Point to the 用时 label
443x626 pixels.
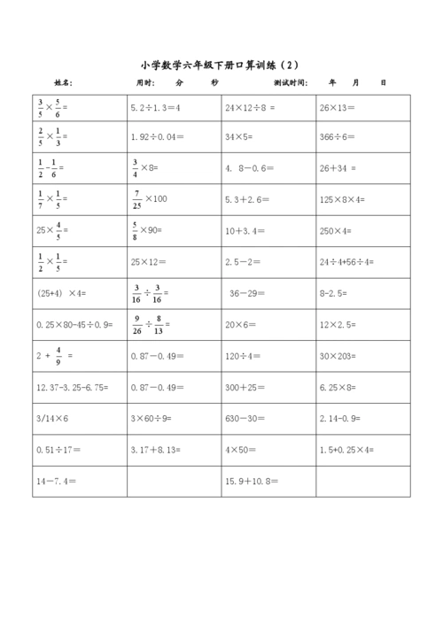click(x=144, y=82)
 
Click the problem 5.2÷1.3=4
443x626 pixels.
click(x=155, y=107)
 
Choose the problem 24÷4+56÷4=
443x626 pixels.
click(x=347, y=262)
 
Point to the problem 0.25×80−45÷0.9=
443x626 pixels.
click(x=74, y=324)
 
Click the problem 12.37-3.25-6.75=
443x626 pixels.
click(x=72, y=386)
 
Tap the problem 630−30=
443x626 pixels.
click(x=244, y=417)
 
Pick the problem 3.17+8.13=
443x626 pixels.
click(x=155, y=449)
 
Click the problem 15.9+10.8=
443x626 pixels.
click(x=252, y=480)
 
